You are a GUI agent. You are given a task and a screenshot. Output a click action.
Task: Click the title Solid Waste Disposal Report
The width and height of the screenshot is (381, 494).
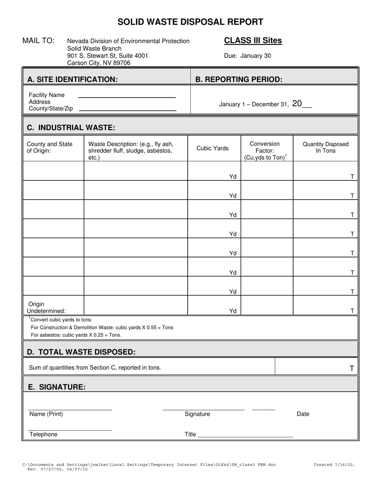[190, 22]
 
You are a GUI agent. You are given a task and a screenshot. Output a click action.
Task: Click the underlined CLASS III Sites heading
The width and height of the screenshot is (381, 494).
[253, 41]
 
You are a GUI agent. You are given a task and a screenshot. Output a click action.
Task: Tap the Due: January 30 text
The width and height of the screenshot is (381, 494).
[247, 56]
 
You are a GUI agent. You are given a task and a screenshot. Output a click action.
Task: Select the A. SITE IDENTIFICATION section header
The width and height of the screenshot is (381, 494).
[72, 80]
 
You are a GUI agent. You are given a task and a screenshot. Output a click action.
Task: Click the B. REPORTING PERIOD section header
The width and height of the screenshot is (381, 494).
[239, 80]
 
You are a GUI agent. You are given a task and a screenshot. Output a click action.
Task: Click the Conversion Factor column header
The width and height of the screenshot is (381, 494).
[265, 151]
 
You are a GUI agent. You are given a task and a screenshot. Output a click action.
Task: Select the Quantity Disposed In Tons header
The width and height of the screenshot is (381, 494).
[325, 147]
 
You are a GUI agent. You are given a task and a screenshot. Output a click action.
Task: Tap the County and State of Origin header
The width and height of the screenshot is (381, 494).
[50, 147]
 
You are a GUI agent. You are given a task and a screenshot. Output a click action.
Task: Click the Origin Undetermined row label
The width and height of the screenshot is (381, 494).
[46, 307]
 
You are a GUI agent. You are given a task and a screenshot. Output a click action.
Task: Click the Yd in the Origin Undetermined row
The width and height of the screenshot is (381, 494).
[233, 311]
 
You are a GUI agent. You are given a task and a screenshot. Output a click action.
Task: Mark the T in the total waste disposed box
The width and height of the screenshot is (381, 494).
[352, 368]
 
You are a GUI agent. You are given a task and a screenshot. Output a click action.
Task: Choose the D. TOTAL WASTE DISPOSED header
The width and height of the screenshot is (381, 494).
[81, 352]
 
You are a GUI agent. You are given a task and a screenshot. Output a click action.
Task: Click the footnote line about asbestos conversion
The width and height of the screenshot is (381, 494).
[76, 335]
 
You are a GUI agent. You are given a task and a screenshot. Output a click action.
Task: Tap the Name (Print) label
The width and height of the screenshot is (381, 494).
[46, 414]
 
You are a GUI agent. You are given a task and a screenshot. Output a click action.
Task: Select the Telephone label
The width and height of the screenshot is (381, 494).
[43, 434]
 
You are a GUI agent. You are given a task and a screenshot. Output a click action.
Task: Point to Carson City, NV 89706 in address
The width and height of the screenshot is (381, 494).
[99, 63]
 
